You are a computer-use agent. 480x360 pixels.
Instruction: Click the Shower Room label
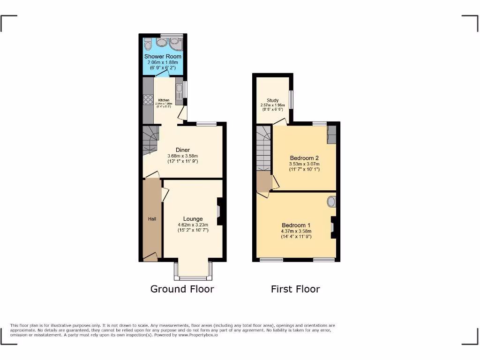[163, 56]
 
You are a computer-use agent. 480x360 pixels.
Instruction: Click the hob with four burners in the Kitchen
[148, 99]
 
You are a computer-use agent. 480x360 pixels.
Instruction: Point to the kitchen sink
[179, 88]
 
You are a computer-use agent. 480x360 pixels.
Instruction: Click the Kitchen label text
[164, 100]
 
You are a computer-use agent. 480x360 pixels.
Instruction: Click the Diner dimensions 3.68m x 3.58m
[183, 156]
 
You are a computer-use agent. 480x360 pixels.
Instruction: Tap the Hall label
[152, 219]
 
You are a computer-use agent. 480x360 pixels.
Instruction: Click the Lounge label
[193, 219]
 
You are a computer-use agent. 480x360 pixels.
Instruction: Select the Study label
[273, 100]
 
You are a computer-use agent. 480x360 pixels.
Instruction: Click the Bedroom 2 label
[304, 158]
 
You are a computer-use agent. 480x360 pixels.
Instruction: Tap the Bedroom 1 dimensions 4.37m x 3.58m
[296, 231]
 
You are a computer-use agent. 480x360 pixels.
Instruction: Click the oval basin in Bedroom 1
[331, 202]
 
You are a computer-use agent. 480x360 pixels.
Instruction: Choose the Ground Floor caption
[182, 289]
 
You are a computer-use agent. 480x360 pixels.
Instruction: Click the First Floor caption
[295, 289]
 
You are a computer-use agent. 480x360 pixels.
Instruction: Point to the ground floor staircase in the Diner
[151, 139]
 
